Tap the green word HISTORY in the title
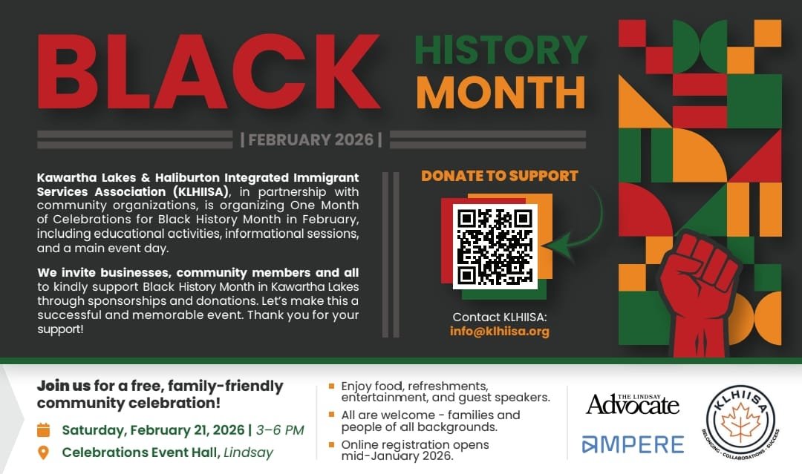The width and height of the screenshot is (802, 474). coord(501,49)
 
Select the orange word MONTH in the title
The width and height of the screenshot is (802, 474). coord(501,92)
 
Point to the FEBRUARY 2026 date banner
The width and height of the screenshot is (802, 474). coord(311,139)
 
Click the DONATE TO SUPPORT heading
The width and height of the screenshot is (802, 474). coord(499,177)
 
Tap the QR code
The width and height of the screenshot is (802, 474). coord(495,247)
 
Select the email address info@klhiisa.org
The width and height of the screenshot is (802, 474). coord(499,332)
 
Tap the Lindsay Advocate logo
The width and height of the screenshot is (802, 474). coord(633,403)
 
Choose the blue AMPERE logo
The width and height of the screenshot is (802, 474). coord(633,444)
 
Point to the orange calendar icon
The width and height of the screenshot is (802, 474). coord(44,429)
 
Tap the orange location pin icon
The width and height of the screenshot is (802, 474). coord(44,452)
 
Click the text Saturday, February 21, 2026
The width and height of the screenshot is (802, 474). coord(153,429)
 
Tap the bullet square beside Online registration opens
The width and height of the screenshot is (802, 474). coord(331,444)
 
